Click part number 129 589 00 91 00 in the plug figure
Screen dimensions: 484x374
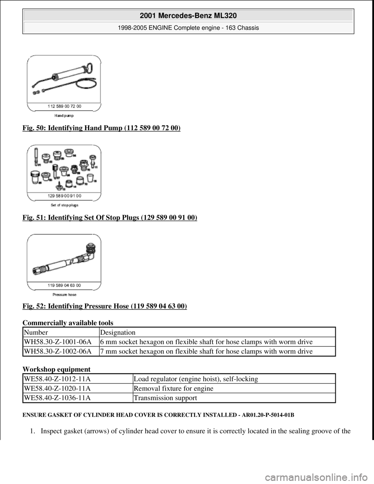[64, 194]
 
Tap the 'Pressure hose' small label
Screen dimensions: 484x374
[64, 295]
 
